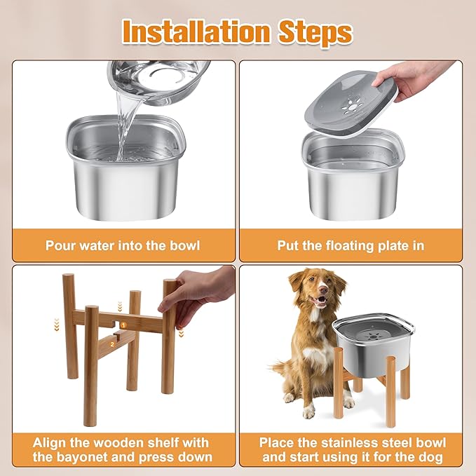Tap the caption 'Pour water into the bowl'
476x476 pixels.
tap(123, 245)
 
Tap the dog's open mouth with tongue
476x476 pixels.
tap(319, 303)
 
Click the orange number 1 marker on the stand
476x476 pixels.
tap(123, 325)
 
